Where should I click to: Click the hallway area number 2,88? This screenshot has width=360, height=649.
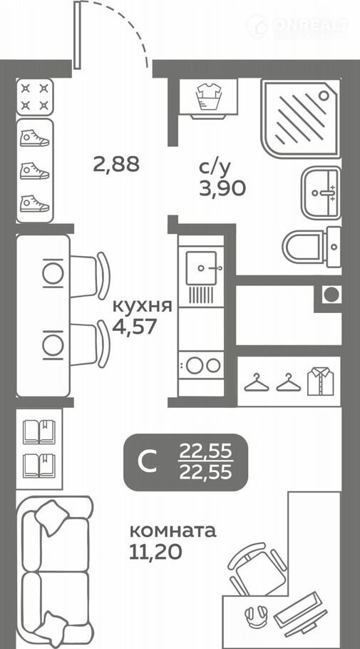(x=116, y=165)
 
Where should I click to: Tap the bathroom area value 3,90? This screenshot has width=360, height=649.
(x=222, y=188)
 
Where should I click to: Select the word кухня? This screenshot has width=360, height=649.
(x=143, y=307)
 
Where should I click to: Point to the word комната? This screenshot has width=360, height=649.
(x=173, y=531)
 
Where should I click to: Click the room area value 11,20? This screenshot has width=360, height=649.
(x=155, y=552)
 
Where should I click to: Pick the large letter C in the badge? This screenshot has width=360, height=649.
(x=148, y=462)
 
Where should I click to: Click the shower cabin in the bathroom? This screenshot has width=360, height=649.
(x=301, y=118)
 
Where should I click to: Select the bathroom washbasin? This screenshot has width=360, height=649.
(x=321, y=193)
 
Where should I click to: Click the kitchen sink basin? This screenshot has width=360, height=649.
(x=201, y=267)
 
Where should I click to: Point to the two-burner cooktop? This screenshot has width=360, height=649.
(x=201, y=365)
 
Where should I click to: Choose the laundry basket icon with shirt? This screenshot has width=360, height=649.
(x=209, y=96)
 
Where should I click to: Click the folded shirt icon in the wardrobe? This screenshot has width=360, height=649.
(x=321, y=381)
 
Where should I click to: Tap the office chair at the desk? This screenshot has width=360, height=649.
(x=257, y=568)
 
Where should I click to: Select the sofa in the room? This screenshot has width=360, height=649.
(x=56, y=572)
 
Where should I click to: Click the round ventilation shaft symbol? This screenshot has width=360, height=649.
(x=331, y=295)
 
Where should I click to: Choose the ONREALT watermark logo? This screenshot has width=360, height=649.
(x=298, y=26)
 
